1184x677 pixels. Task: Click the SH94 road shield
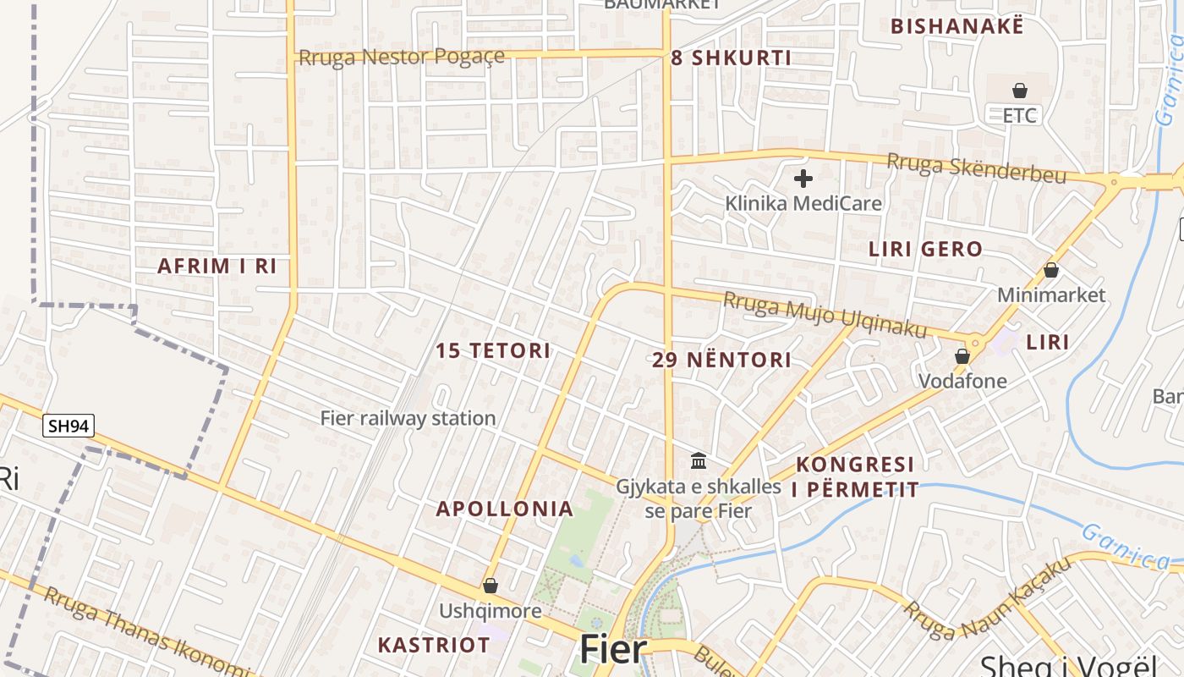69,426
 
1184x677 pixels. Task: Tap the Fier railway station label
408,418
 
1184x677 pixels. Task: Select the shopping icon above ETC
1020,91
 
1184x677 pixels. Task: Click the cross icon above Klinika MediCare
803,179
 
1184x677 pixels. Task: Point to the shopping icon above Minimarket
1051,270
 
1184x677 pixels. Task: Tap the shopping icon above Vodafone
962,356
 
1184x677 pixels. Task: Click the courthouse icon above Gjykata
699,461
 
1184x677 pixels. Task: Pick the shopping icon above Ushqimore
491,586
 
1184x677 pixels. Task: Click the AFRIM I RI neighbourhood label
217,266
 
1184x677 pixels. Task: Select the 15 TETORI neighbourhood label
493,350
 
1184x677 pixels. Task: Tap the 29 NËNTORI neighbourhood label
721,360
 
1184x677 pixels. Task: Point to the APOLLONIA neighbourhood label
504,509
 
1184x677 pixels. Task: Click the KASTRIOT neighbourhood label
434,645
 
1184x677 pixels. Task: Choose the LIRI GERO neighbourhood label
926,250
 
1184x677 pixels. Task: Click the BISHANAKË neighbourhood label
957,26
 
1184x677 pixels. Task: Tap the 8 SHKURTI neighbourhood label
732,58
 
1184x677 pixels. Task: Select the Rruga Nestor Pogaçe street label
402,58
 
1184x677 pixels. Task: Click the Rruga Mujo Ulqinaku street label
825,314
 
